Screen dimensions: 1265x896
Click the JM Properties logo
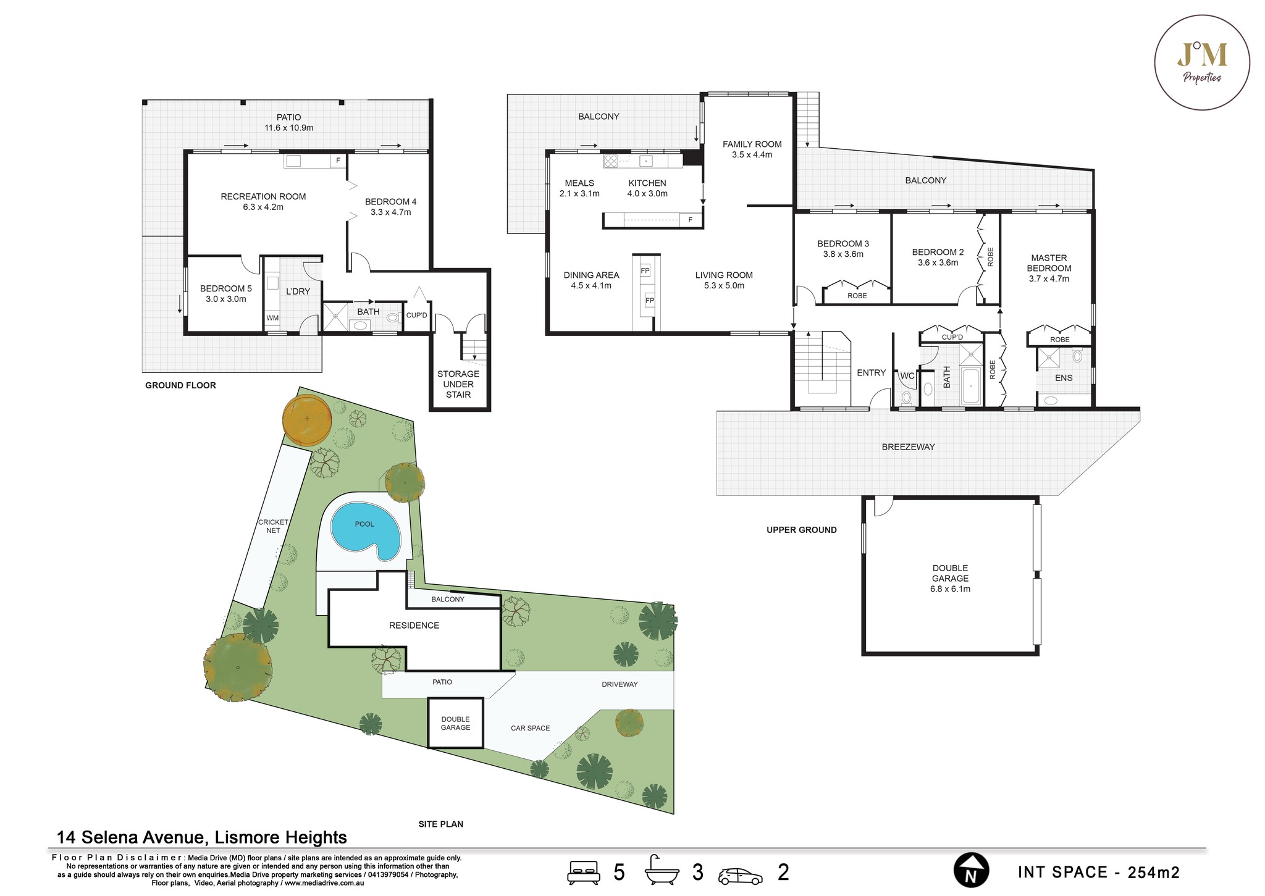coord(1202,63)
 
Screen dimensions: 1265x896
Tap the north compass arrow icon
coord(971,871)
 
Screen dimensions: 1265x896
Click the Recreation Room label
coord(263,202)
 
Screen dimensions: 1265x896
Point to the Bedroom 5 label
coord(226,293)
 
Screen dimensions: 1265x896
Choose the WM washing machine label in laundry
coord(272,318)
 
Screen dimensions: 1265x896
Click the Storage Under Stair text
coord(458,384)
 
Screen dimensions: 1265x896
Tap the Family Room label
coord(752,149)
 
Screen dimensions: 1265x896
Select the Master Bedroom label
coord(1049,268)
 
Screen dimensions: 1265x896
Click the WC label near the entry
coord(907,375)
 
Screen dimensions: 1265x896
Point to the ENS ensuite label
coord(1064,378)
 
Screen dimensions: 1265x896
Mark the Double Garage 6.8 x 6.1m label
coord(950,579)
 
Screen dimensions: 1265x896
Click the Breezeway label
coord(908,447)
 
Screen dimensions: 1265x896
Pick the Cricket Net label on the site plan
coord(273,526)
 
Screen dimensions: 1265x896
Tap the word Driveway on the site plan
coord(620,684)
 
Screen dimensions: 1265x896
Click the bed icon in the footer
coord(583,872)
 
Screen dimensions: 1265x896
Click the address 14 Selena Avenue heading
coord(201,837)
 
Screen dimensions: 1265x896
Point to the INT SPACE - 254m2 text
coord(1099,872)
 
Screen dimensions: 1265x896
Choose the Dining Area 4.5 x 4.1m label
coord(591,280)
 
